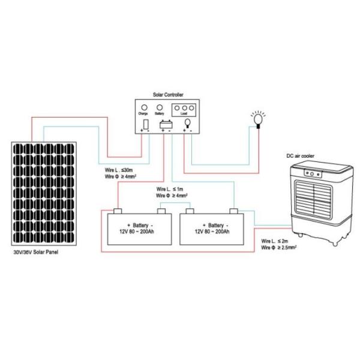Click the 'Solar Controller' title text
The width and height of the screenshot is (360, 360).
pyautogui.click(x=166, y=95)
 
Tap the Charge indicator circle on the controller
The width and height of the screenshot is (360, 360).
pyautogui.click(x=145, y=107)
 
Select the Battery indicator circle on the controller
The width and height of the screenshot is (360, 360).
pyautogui.click(x=160, y=107)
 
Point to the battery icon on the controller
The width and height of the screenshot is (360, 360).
pyautogui.click(x=165, y=124)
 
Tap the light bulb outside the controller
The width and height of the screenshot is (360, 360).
pyautogui.click(x=259, y=118)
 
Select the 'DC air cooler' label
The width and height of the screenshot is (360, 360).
pyautogui.click(x=300, y=157)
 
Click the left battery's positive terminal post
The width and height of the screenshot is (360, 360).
pyautogui.click(x=118, y=211)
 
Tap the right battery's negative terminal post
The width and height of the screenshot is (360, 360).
pyautogui.click(x=234, y=211)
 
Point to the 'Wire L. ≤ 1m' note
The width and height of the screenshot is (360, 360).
pyautogui.click(x=170, y=188)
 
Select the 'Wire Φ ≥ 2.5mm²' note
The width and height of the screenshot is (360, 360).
pyautogui.click(x=280, y=246)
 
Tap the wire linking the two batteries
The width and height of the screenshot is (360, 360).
pyautogui.click(x=175, y=205)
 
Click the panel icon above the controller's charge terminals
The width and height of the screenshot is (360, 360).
pyautogui.click(x=146, y=124)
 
